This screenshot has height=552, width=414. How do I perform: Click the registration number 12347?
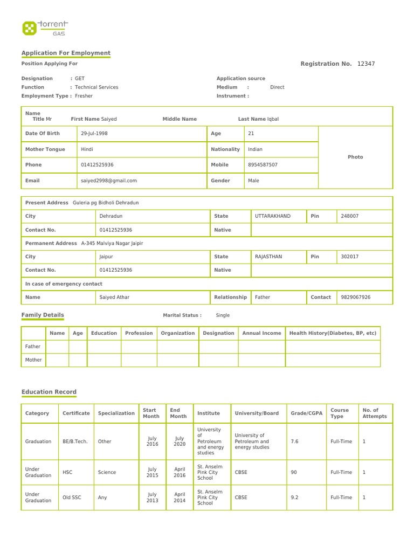click(366, 64)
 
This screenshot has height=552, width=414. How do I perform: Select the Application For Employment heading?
click(66, 53)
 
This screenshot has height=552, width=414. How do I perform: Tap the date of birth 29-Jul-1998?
click(94, 133)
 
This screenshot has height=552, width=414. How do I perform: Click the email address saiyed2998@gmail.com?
click(109, 181)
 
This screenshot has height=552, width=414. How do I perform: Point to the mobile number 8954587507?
click(263, 164)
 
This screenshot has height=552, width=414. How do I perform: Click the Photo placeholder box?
click(355, 157)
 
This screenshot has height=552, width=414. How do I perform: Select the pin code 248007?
click(350, 216)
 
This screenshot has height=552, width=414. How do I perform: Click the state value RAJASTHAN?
click(268, 257)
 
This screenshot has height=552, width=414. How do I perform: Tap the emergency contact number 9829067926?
click(356, 297)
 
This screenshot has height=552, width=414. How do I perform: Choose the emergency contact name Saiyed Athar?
click(114, 297)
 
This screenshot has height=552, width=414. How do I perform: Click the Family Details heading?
click(43, 315)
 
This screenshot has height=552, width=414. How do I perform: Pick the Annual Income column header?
click(261, 333)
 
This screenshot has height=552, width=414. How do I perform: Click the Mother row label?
click(33, 360)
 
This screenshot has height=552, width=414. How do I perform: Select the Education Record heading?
click(49, 392)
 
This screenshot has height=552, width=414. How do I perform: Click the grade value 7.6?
click(294, 441)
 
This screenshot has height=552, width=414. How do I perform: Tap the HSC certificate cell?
click(67, 472)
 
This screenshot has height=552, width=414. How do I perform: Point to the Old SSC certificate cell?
click(72, 498)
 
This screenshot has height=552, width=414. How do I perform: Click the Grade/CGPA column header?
click(306, 413)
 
